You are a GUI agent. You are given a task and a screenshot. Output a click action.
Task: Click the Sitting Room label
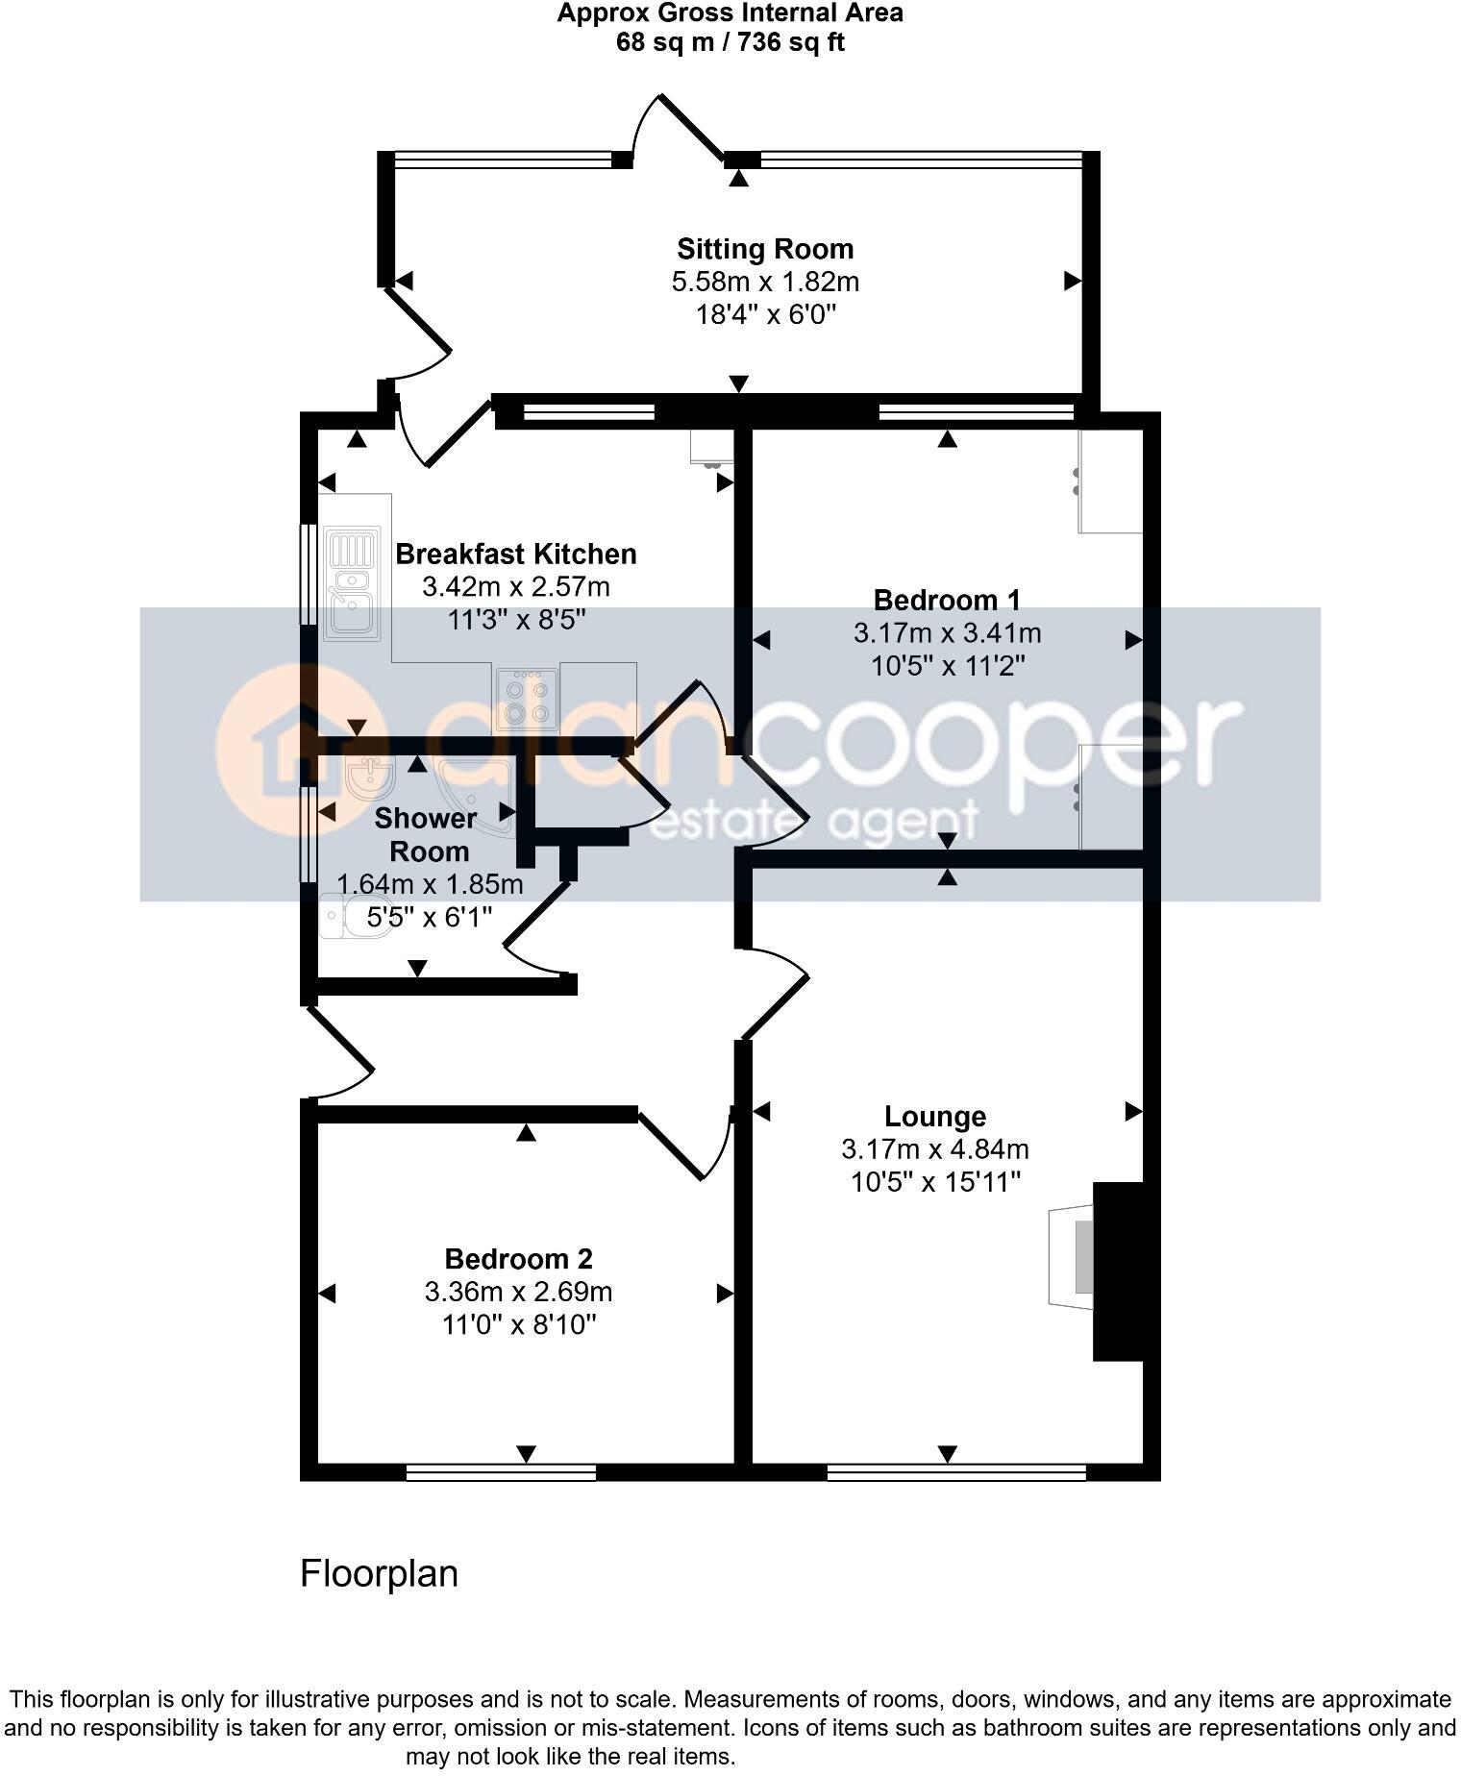tap(765, 249)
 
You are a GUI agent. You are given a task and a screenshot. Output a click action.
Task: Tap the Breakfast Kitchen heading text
tap(516, 555)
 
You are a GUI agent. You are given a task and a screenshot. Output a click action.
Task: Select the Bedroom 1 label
tap(946, 601)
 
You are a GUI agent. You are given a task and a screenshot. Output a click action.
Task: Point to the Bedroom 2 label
tap(518, 1259)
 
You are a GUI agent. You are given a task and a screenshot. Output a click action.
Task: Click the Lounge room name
tap(934, 1117)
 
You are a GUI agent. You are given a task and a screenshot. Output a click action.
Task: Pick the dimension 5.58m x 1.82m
tap(765, 283)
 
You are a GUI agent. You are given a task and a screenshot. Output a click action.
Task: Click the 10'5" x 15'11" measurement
tap(934, 1182)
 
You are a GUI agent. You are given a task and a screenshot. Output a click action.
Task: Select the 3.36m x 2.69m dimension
tap(518, 1293)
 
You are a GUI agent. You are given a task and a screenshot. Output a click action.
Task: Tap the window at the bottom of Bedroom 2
tap(501, 1472)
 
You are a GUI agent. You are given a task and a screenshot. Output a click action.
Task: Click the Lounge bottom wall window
tap(956, 1472)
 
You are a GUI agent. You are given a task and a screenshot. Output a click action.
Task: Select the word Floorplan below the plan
tap(379, 1574)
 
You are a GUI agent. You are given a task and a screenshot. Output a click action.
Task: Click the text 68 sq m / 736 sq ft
tap(730, 43)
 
